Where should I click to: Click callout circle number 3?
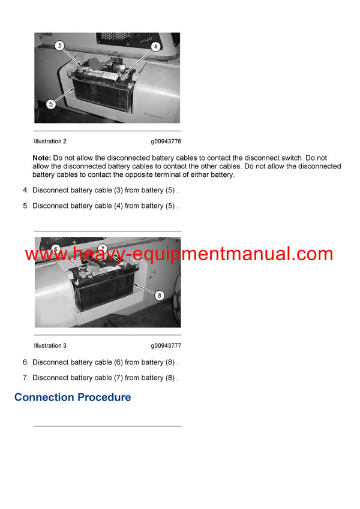click(x=59, y=46)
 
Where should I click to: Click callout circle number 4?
click(x=155, y=46)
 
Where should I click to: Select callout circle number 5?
click(x=51, y=104)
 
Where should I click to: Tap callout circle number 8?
click(x=159, y=294)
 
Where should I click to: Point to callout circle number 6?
click(x=56, y=249)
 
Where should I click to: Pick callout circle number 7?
click(x=102, y=248)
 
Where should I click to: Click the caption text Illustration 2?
click(x=50, y=141)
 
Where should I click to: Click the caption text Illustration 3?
click(x=50, y=346)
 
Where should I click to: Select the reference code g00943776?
click(x=166, y=141)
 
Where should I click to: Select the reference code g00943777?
click(x=166, y=346)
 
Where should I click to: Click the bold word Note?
click(x=41, y=158)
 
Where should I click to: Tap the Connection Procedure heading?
click(x=73, y=397)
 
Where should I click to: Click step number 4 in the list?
click(x=25, y=190)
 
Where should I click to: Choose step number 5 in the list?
click(x=25, y=206)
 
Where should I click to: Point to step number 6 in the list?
click(x=25, y=362)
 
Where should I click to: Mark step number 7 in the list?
click(x=25, y=378)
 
